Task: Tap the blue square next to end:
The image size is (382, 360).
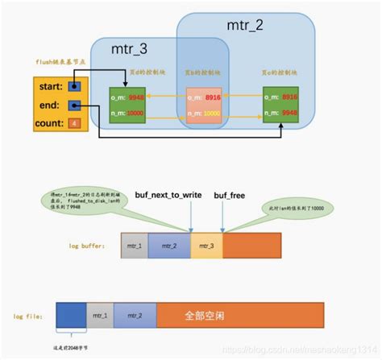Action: point(73,105)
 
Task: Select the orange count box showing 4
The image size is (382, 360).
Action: point(73,123)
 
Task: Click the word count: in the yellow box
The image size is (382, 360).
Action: point(51,123)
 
